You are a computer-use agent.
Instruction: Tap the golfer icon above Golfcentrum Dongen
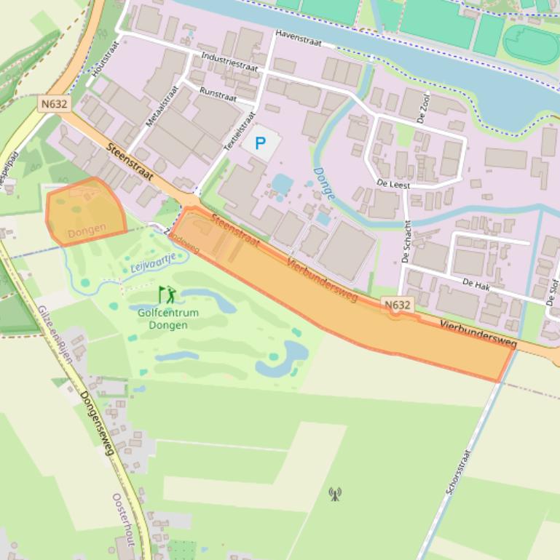(x=167, y=295)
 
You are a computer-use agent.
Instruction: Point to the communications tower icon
(x=335, y=495)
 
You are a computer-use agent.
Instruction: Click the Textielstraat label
(x=240, y=131)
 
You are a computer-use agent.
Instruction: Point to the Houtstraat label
(x=105, y=58)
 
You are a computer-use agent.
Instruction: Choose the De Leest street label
(x=393, y=185)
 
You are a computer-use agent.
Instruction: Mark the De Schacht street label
(x=407, y=241)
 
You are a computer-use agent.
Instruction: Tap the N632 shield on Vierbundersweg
(x=397, y=305)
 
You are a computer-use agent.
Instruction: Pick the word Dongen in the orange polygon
(x=87, y=229)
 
